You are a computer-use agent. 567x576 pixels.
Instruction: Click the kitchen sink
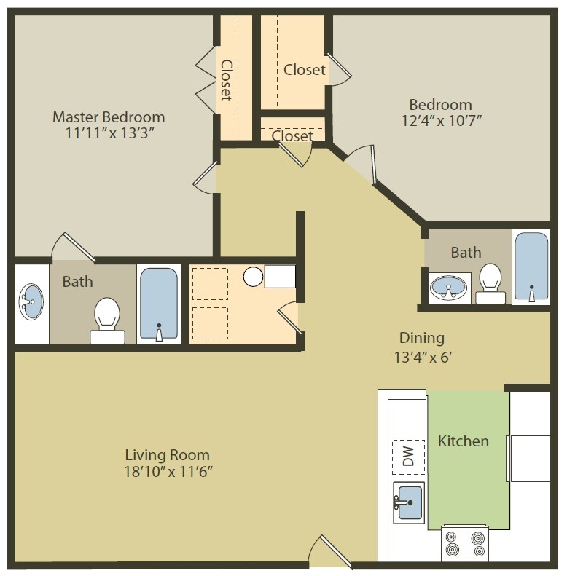pyautogui.click(x=409, y=502)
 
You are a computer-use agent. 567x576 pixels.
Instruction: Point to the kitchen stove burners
pyautogui.click(x=464, y=543)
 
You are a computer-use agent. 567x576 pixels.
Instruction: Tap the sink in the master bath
pyautogui.click(x=31, y=301)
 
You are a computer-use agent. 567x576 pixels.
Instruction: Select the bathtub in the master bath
pyautogui.click(x=158, y=303)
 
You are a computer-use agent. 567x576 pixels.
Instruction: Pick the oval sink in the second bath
pyautogui.click(x=449, y=288)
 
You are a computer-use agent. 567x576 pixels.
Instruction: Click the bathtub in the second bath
pyautogui.click(x=531, y=266)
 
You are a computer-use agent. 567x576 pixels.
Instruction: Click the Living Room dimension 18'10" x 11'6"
pyautogui.click(x=168, y=471)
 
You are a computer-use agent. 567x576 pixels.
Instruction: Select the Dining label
pyautogui.click(x=421, y=338)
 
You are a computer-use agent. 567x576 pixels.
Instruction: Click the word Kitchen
pyautogui.click(x=463, y=441)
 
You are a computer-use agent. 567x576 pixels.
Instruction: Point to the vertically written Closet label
pyautogui.click(x=227, y=79)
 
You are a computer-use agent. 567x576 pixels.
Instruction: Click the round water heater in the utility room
pyautogui.click(x=253, y=277)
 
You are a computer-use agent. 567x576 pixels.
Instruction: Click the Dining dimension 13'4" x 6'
pyautogui.click(x=421, y=358)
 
